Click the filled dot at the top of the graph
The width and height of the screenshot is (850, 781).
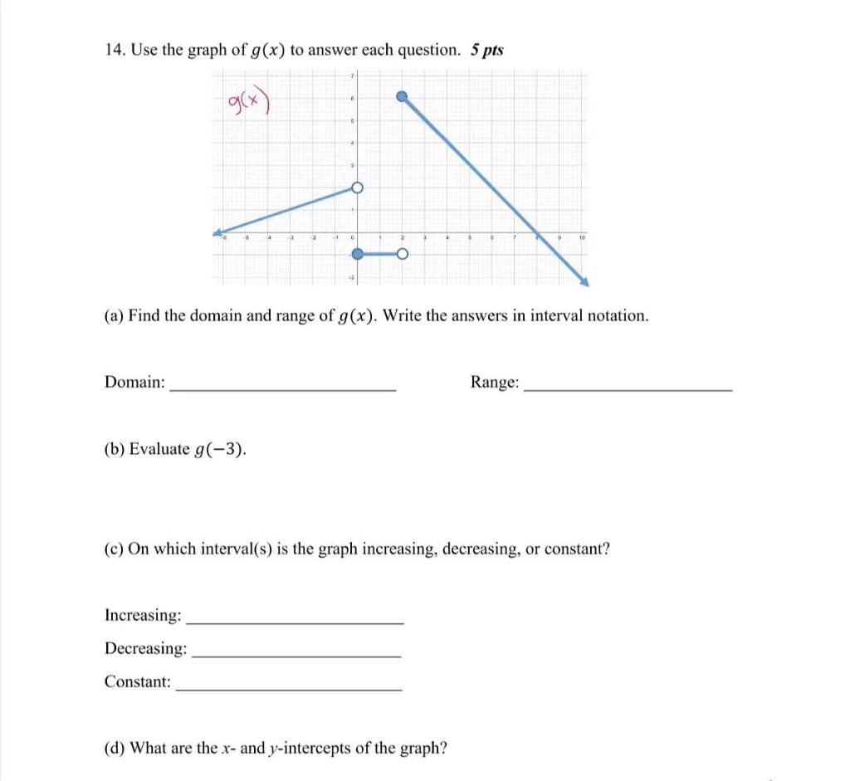[x=402, y=96]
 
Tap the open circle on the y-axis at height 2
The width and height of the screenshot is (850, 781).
[x=357, y=188]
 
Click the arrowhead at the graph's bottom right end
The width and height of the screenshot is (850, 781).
[x=584, y=282]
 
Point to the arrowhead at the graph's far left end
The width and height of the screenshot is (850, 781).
[x=217, y=232]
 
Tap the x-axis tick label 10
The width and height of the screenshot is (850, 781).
[x=581, y=238]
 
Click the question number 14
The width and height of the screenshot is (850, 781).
[x=114, y=50]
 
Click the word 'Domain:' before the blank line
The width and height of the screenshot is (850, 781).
[x=134, y=382]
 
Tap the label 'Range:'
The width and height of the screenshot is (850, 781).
[x=496, y=382]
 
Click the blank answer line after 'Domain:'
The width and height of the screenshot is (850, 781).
[x=282, y=388]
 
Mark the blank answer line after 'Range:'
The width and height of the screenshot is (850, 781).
[x=629, y=388]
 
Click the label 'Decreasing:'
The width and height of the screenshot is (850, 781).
[x=145, y=648]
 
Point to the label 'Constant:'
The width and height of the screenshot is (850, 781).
[x=138, y=681]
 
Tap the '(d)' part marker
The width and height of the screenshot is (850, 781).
[x=115, y=748]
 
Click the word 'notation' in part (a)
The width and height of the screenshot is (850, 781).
[x=618, y=315]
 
